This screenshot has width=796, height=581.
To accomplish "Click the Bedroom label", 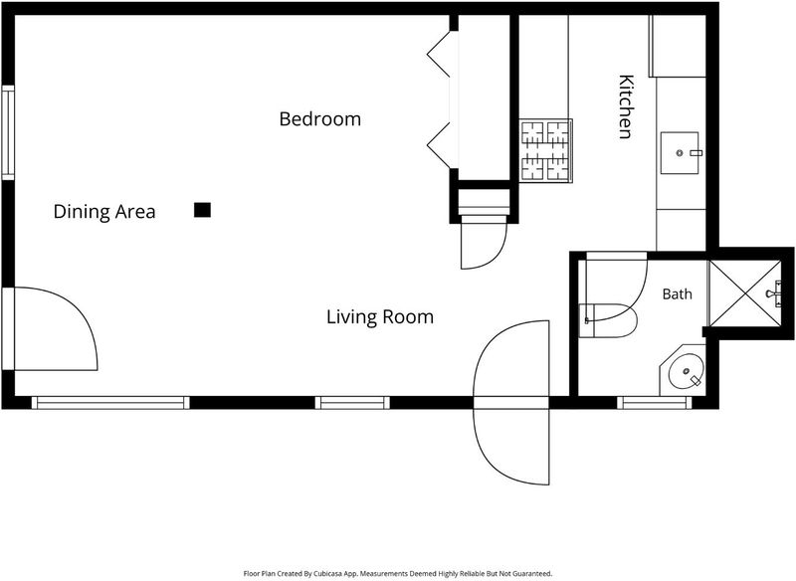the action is tap(319, 118).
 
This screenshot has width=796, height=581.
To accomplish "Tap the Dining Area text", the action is tap(104, 212).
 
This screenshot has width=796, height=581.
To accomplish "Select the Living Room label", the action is tap(380, 317).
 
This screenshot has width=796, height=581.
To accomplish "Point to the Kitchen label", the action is tap(626, 106).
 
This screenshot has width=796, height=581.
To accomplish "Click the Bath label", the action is tap(678, 293).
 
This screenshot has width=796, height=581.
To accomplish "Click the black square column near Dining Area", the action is tap(202, 210).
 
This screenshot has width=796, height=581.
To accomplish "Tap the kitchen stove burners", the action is tap(545, 150).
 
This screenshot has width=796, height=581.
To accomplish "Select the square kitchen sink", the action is tap(680, 153).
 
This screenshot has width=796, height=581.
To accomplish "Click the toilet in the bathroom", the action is tap(608, 320).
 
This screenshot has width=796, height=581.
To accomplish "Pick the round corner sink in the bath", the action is tap(686, 371).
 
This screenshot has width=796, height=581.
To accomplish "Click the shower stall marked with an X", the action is tap(744, 293).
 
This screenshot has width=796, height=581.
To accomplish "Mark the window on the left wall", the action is tap(8, 132).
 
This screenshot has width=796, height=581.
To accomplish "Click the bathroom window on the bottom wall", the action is tap(655, 403).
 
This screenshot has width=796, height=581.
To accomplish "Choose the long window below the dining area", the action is tap(110, 403).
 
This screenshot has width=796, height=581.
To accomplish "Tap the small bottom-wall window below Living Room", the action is tap(352, 403).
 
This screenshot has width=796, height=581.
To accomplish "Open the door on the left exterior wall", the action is tap(49, 329).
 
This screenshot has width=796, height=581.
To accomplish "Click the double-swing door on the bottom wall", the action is tap(511, 403).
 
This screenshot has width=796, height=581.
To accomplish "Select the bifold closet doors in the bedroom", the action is tap(440, 99).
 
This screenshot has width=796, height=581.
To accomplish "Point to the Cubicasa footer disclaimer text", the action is tap(397, 574).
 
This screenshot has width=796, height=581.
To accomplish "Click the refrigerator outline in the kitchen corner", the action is tap(678, 46).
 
